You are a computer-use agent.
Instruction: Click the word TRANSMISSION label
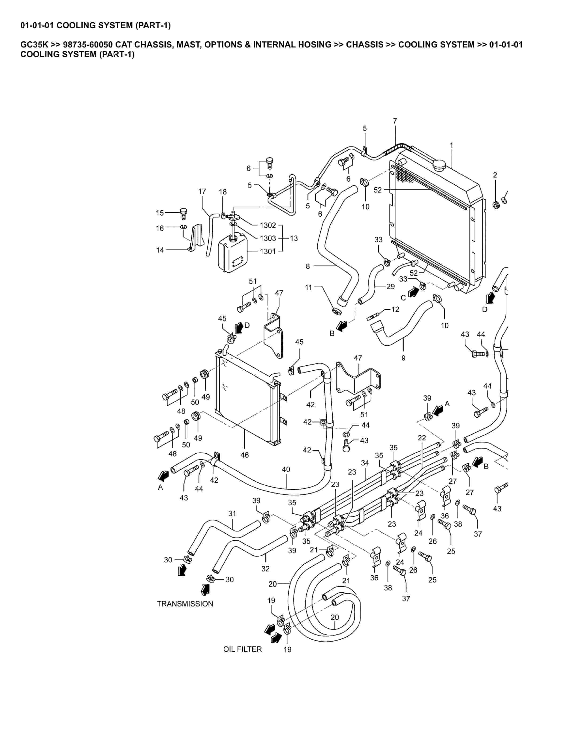pos(185,604)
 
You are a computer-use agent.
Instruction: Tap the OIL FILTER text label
pos(243,649)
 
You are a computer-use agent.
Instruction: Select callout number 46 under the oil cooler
pos(244,455)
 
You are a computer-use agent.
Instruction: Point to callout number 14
pos(160,250)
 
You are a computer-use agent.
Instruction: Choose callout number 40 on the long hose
pos(286,469)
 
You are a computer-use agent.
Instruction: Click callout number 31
pos(232,513)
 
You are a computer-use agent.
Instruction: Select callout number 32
pos(265,569)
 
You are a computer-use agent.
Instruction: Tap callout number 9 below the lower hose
pos(403,358)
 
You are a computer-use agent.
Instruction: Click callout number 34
pos(365,463)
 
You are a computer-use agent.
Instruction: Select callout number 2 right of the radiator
pos(495,175)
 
